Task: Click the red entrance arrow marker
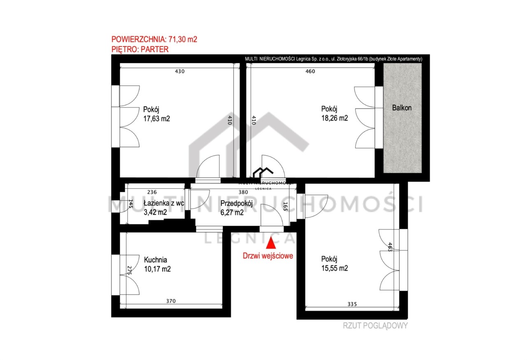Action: point(271,243)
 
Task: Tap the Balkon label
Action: point(402,108)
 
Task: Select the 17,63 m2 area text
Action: point(157,119)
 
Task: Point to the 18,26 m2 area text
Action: point(335,118)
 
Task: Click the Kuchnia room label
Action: point(156,260)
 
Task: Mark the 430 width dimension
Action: point(180,71)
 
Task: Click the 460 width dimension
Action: point(310,71)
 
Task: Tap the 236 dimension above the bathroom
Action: point(152,192)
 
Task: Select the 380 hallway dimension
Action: point(243,192)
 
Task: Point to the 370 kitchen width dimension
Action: point(171,301)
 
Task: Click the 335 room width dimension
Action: point(352,304)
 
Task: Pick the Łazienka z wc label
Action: point(164,203)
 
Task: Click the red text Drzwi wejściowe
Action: point(268,256)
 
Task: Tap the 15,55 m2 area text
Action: point(335,268)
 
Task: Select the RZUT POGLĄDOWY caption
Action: point(375,326)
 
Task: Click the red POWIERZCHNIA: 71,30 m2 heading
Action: point(154,39)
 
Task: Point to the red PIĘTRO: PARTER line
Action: point(140,49)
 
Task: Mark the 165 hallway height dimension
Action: point(285,206)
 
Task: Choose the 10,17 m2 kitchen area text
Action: point(157,269)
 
